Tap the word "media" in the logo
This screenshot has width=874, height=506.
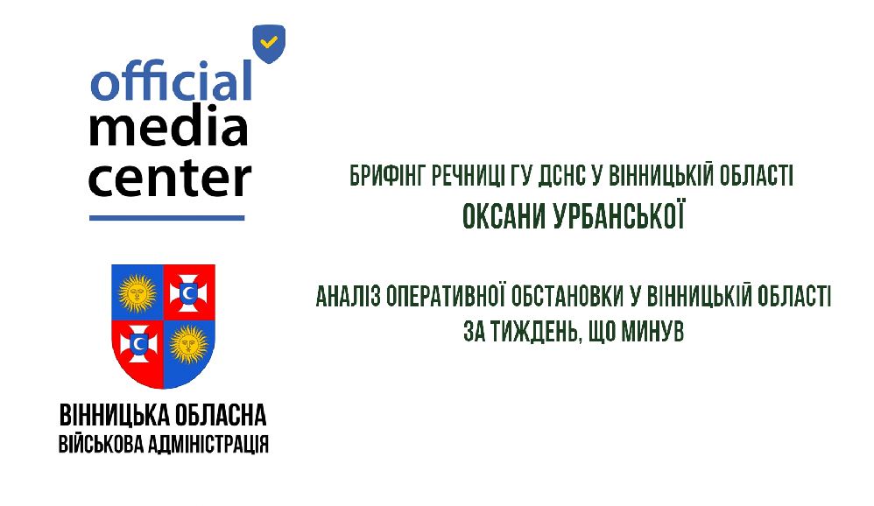tap(168, 127)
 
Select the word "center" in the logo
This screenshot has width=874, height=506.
tap(170, 179)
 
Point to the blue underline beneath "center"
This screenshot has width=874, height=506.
tap(166, 218)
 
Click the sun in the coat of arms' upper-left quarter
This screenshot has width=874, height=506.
tap(137, 292)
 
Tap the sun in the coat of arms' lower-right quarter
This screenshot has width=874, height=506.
tap(189, 344)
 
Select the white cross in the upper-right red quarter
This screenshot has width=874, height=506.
tap(188, 292)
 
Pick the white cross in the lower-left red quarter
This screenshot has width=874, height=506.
tap(138, 344)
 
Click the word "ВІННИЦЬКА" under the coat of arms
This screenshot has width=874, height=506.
tap(114, 416)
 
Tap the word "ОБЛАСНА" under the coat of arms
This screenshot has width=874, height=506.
tap(221, 416)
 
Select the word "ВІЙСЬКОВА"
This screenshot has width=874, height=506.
tap(101, 444)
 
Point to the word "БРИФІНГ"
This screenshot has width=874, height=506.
tap(387, 176)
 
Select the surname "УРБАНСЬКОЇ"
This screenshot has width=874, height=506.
tap(618, 216)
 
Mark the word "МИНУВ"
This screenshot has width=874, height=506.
tap(652, 332)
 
